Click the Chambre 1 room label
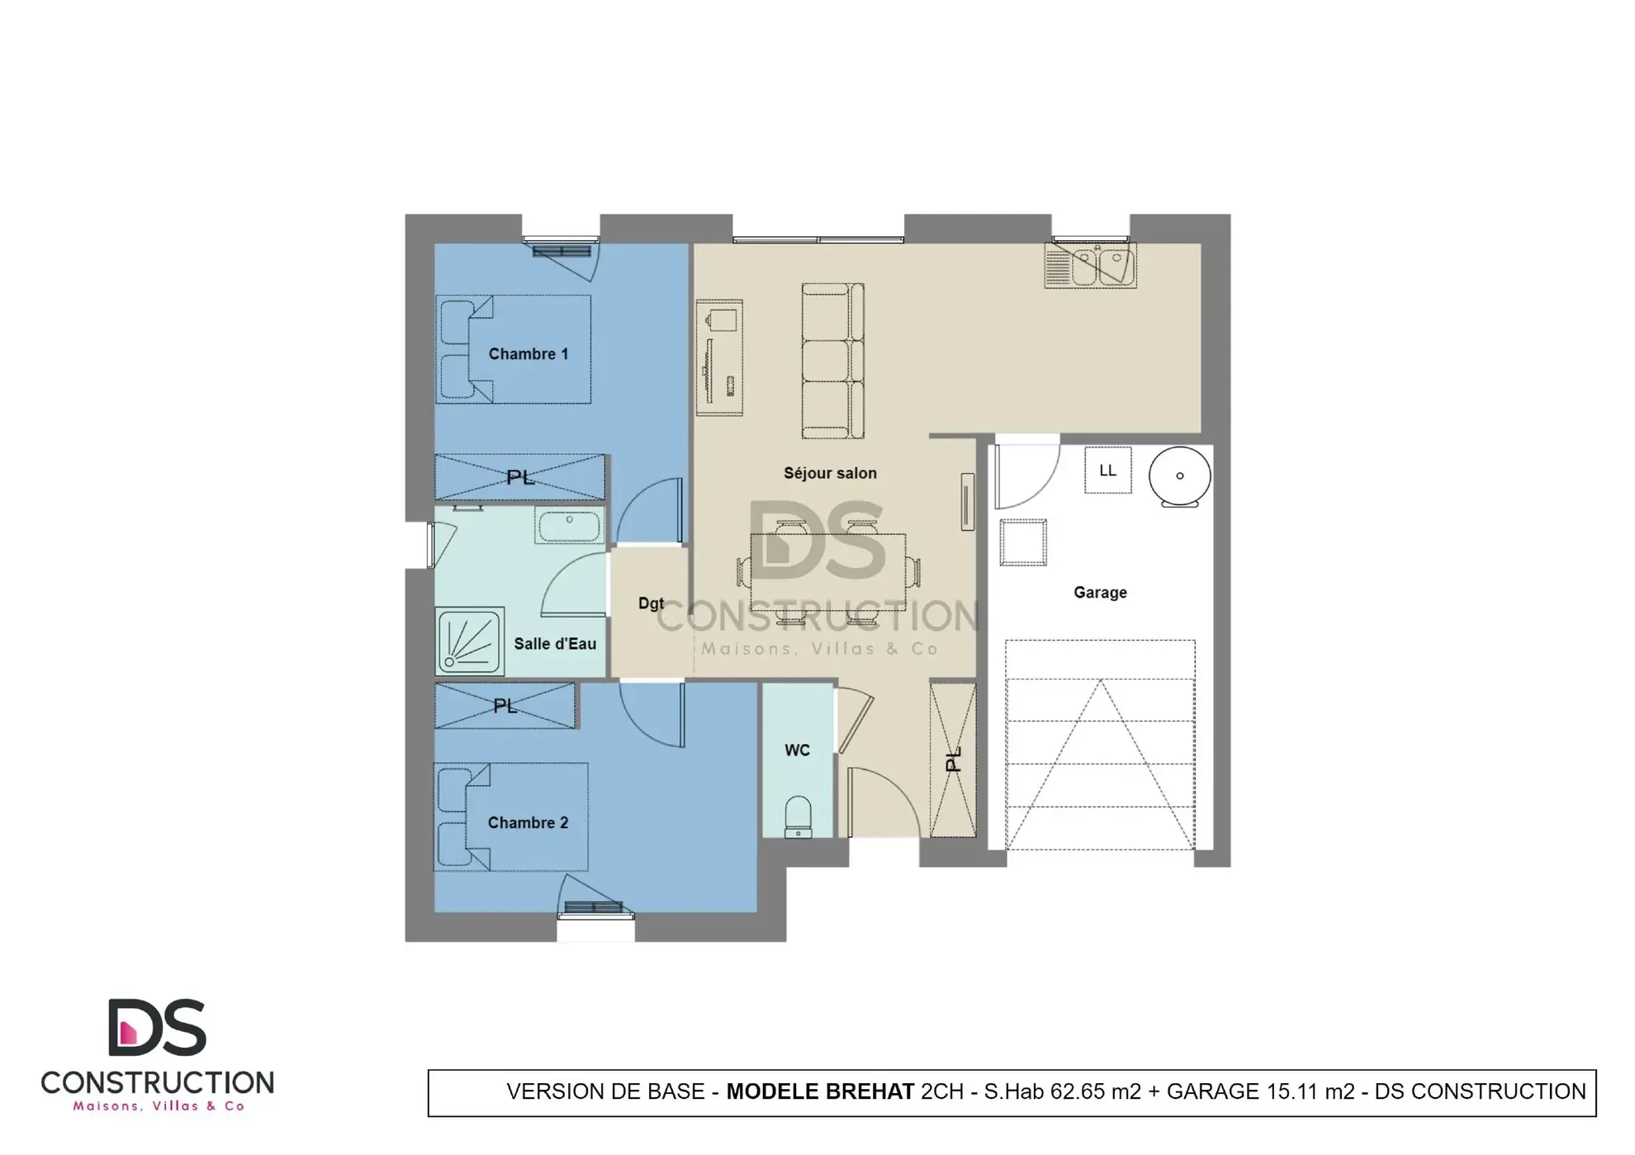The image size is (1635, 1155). [x=528, y=354]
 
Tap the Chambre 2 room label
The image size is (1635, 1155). [x=528, y=823]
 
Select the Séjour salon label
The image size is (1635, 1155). [x=829, y=473]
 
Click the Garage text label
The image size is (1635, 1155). [x=1099, y=593]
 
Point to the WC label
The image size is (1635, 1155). [x=797, y=750]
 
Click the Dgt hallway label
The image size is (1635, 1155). [x=651, y=604]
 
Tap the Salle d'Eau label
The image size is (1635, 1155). [x=554, y=644]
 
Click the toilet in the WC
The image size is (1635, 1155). [x=798, y=816]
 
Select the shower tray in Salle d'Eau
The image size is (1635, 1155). [x=469, y=641]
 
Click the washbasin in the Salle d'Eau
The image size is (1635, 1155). [x=569, y=526]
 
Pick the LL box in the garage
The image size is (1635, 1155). [x=1107, y=471]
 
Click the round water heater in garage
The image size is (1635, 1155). [x=1179, y=476]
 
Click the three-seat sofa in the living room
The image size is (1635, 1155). [x=832, y=361]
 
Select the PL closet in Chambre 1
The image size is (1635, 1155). [x=519, y=477]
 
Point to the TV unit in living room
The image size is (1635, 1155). [x=718, y=357]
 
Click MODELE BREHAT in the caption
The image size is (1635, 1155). [x=819, y=1091]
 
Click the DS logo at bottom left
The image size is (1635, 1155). [x=157, y=1028]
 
